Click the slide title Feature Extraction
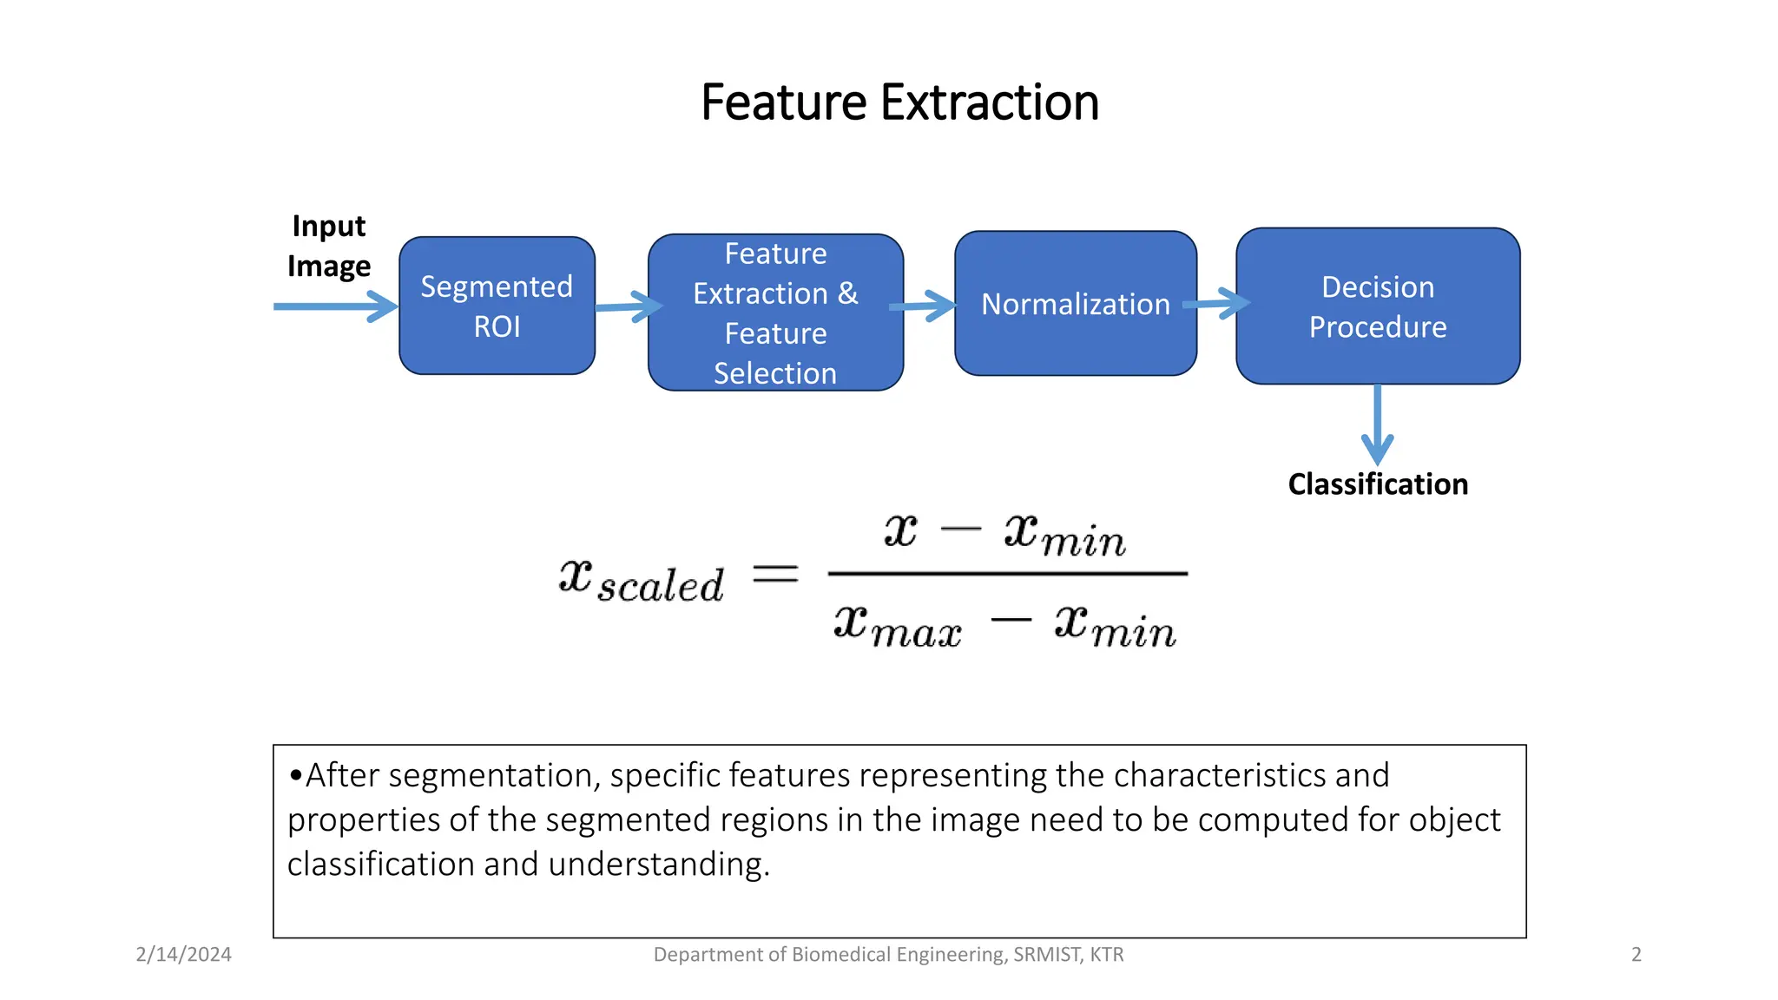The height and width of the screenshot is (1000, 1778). [899, 102]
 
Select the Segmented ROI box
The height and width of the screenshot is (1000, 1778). [497, 306]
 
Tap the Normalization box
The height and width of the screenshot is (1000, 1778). [1075, 304]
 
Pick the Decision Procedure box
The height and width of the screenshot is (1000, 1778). [1377, 306]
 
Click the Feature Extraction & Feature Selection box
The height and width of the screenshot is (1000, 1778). [775, 312]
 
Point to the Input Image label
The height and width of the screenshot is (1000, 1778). [329, 246]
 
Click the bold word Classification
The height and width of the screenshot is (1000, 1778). [1378, 484]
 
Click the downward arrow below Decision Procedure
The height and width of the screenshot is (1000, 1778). [1377, 425]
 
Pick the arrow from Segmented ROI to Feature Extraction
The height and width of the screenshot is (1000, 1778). [627, 306]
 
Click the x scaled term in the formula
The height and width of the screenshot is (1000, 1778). [641, 580]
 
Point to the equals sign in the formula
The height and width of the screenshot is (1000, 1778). [774, 574]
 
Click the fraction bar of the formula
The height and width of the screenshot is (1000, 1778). [1007, 574]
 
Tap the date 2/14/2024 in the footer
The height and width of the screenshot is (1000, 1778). [183, 954]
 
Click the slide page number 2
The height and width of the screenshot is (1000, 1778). [1636, 954]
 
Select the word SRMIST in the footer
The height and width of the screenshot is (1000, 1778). [1045, 954]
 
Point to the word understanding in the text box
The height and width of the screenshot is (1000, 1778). [657, 865]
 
